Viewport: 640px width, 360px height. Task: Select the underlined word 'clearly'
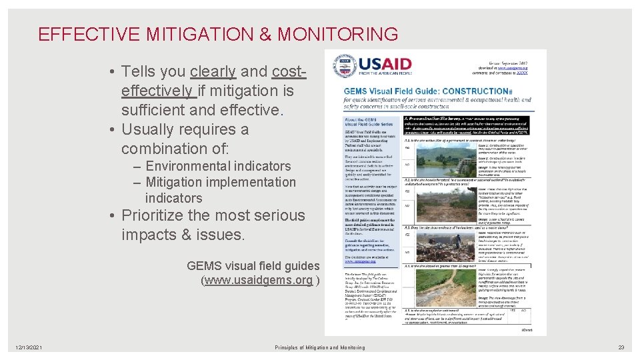pyautogui.click(x=213, y=71)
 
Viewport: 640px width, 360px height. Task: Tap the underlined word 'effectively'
pyautogui.click(x=157, y=91)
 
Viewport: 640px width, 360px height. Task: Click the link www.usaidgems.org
pyautogui.click(x=259, y=280)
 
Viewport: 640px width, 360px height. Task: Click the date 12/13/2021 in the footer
pyautogui.click(x=30, y=347)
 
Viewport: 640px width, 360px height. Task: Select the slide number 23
pyautogui.click(x=621, y=347)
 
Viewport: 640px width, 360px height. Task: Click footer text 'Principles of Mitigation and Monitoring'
pyautogui.click(x=319, y=347)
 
